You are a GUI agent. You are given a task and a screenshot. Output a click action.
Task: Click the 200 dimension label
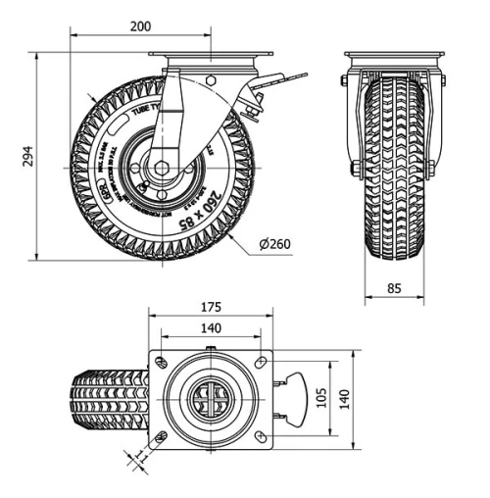[x=140, y=26]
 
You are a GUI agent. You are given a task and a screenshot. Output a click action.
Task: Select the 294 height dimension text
[x=23, y=157]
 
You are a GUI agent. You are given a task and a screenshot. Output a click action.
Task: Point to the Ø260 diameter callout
[x=278, y=243]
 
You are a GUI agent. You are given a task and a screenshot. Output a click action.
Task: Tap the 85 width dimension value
[x=395, y=287]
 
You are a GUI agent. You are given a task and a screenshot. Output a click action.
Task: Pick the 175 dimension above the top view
[x=210, y=307]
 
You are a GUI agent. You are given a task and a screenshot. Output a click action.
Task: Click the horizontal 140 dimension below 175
[x=210, y=329]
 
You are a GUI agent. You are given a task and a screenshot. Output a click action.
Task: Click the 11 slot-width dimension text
[x=136, y=455]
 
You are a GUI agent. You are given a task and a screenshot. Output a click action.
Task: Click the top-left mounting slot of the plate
[x=162, y=363]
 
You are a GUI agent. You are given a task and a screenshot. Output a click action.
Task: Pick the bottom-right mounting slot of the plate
[x=259, y=435]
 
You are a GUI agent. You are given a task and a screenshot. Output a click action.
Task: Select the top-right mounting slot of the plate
[x=259, y=363]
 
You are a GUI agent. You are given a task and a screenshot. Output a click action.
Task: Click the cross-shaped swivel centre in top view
[x=210, y=399]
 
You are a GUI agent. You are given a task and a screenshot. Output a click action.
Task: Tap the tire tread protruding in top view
[x=108, y=399]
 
